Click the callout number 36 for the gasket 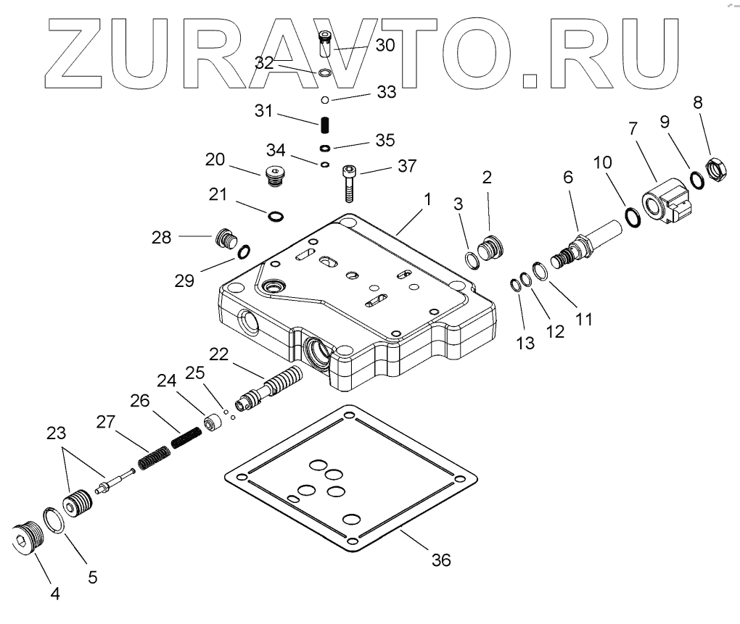pos(440,559)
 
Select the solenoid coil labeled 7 pos(665,201)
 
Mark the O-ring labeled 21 pos(276,215)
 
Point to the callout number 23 pos(56,434)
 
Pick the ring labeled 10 pos(631,215)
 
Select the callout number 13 pos(525,344)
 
